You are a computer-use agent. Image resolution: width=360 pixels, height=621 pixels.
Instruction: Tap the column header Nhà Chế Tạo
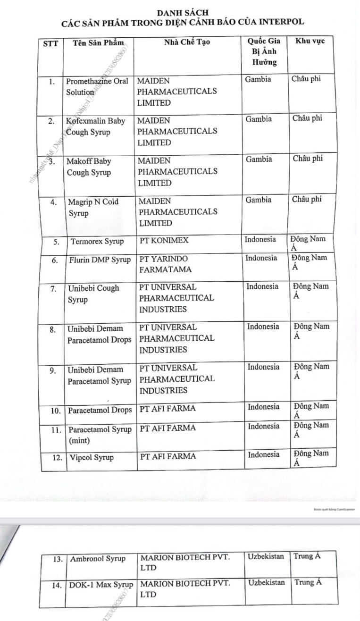pyautogui.click(x=187, y=42)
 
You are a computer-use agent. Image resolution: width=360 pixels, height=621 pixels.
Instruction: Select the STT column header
pyautogui.click(x=50, y=43)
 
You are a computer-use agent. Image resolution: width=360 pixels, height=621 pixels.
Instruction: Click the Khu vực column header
pyautogui.click(x=310, y=41)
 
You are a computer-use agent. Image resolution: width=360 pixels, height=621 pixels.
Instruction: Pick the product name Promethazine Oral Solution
pyautogui.click(x=97, y=86)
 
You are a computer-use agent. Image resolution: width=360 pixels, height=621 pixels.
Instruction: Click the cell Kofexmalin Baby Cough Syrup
pyautogui.click(x=96, y=126)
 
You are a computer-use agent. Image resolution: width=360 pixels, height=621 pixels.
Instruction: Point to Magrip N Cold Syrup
pyautogui.click(x=93, y=207)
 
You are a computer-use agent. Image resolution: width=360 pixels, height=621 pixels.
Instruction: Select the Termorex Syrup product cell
pyautogui.click(x=97, y=241)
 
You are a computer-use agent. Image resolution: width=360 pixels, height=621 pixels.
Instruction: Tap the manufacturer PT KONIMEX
pyautogui.click(x=164, y=240)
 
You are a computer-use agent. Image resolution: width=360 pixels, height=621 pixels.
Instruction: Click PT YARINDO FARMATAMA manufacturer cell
pyautogui.click(x=165, y=264)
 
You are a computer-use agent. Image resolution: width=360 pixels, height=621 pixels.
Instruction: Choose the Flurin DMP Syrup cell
pyautogui.click(x=100, y=259)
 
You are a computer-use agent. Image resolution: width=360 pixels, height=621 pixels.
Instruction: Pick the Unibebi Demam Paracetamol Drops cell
pyautogui.click(x=100, y=334)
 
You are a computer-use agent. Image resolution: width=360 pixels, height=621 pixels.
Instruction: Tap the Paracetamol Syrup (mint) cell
pyautogui.click(x=100, y=435)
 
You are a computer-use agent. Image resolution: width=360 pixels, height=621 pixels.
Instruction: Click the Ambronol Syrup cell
pyautogui.click(x=98, y=559)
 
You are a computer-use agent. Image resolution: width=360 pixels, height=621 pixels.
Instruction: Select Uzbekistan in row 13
pyautogui.click(x=266, y=556)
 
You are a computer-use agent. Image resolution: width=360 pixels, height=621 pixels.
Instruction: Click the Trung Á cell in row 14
pyautogui.click(x=308, y=582)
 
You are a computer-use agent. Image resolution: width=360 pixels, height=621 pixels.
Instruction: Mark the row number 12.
pyautogui.click(x=57, y=457)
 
